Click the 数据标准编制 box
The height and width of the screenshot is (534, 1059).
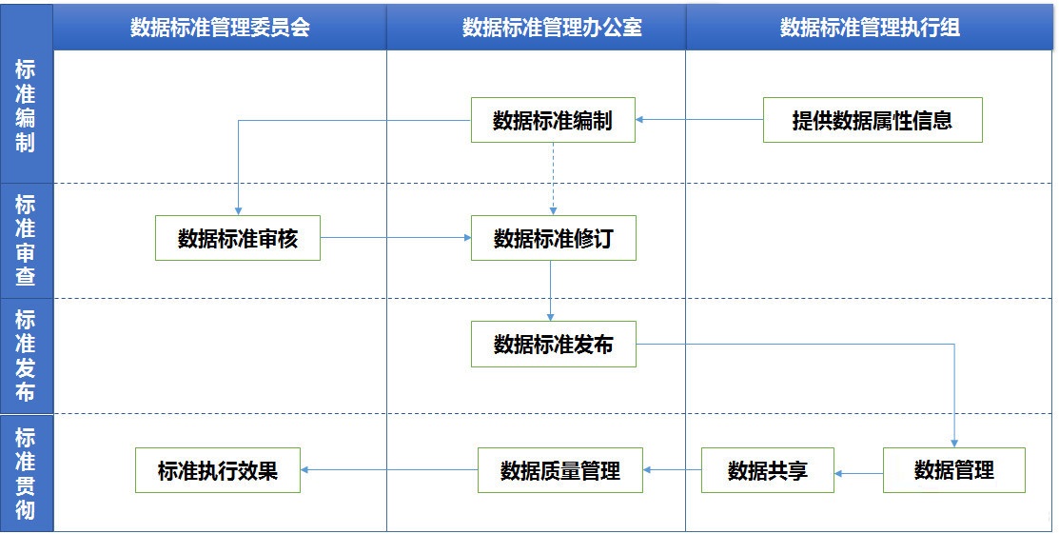(553, 120)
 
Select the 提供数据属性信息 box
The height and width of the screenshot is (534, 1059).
(873, 120)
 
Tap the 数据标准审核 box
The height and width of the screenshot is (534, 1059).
(238, 238)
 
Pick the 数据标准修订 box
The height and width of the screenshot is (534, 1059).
(553, 238)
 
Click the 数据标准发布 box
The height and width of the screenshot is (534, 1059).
(553, 344)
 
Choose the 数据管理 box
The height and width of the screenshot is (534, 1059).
(953, 470)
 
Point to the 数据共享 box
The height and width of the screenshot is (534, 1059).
(768, 470)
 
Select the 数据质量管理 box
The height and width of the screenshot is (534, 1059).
(559, 470)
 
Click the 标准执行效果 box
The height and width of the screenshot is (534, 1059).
(218, 470)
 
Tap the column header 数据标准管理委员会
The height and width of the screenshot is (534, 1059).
(220, 27)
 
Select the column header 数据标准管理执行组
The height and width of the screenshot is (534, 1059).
(870, 27)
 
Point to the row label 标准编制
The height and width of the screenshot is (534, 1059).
(26, 106)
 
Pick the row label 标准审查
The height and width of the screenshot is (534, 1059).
(26, 241)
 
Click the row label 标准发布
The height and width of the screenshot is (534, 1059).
(26, 356)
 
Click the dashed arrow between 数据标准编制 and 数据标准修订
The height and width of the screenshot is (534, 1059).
(553, 179)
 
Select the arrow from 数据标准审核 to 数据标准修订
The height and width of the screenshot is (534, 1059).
(396, 238)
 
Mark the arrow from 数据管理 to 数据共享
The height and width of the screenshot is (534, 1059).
(858, 473)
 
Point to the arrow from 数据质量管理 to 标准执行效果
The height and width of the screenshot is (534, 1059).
(389, 470)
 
